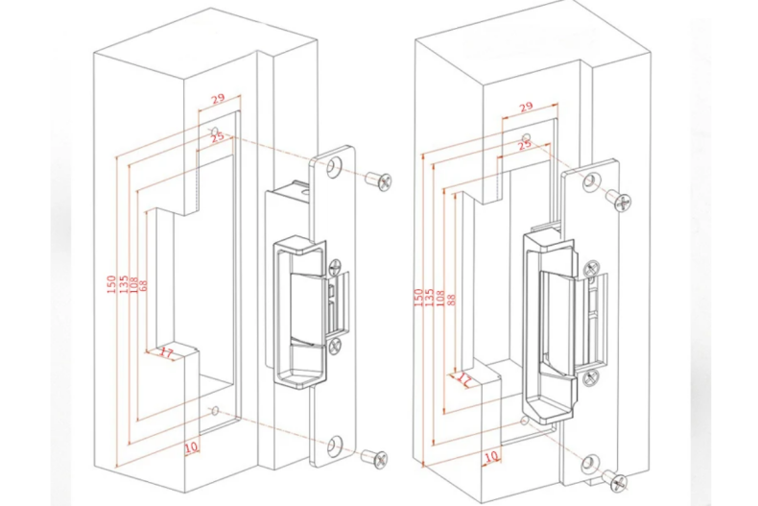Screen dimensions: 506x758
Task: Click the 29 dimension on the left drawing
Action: (218, 99)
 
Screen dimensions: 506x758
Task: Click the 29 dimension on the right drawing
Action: (526, 108)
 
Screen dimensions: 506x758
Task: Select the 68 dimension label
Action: (144, 285)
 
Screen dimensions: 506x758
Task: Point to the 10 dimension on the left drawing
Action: (192, 446)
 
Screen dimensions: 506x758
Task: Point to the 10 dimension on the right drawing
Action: (491, 456)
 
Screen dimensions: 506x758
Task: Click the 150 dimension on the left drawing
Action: (111, 285)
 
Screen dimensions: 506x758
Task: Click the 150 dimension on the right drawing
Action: (418, 299)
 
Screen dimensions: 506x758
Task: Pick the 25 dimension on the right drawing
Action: (524, 145)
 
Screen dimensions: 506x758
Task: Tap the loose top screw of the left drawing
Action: (380, 180)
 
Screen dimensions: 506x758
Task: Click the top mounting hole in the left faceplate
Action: (333, 168)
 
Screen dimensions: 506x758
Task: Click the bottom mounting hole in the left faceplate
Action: (333, 445)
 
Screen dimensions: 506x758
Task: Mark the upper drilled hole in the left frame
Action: (214, 131)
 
